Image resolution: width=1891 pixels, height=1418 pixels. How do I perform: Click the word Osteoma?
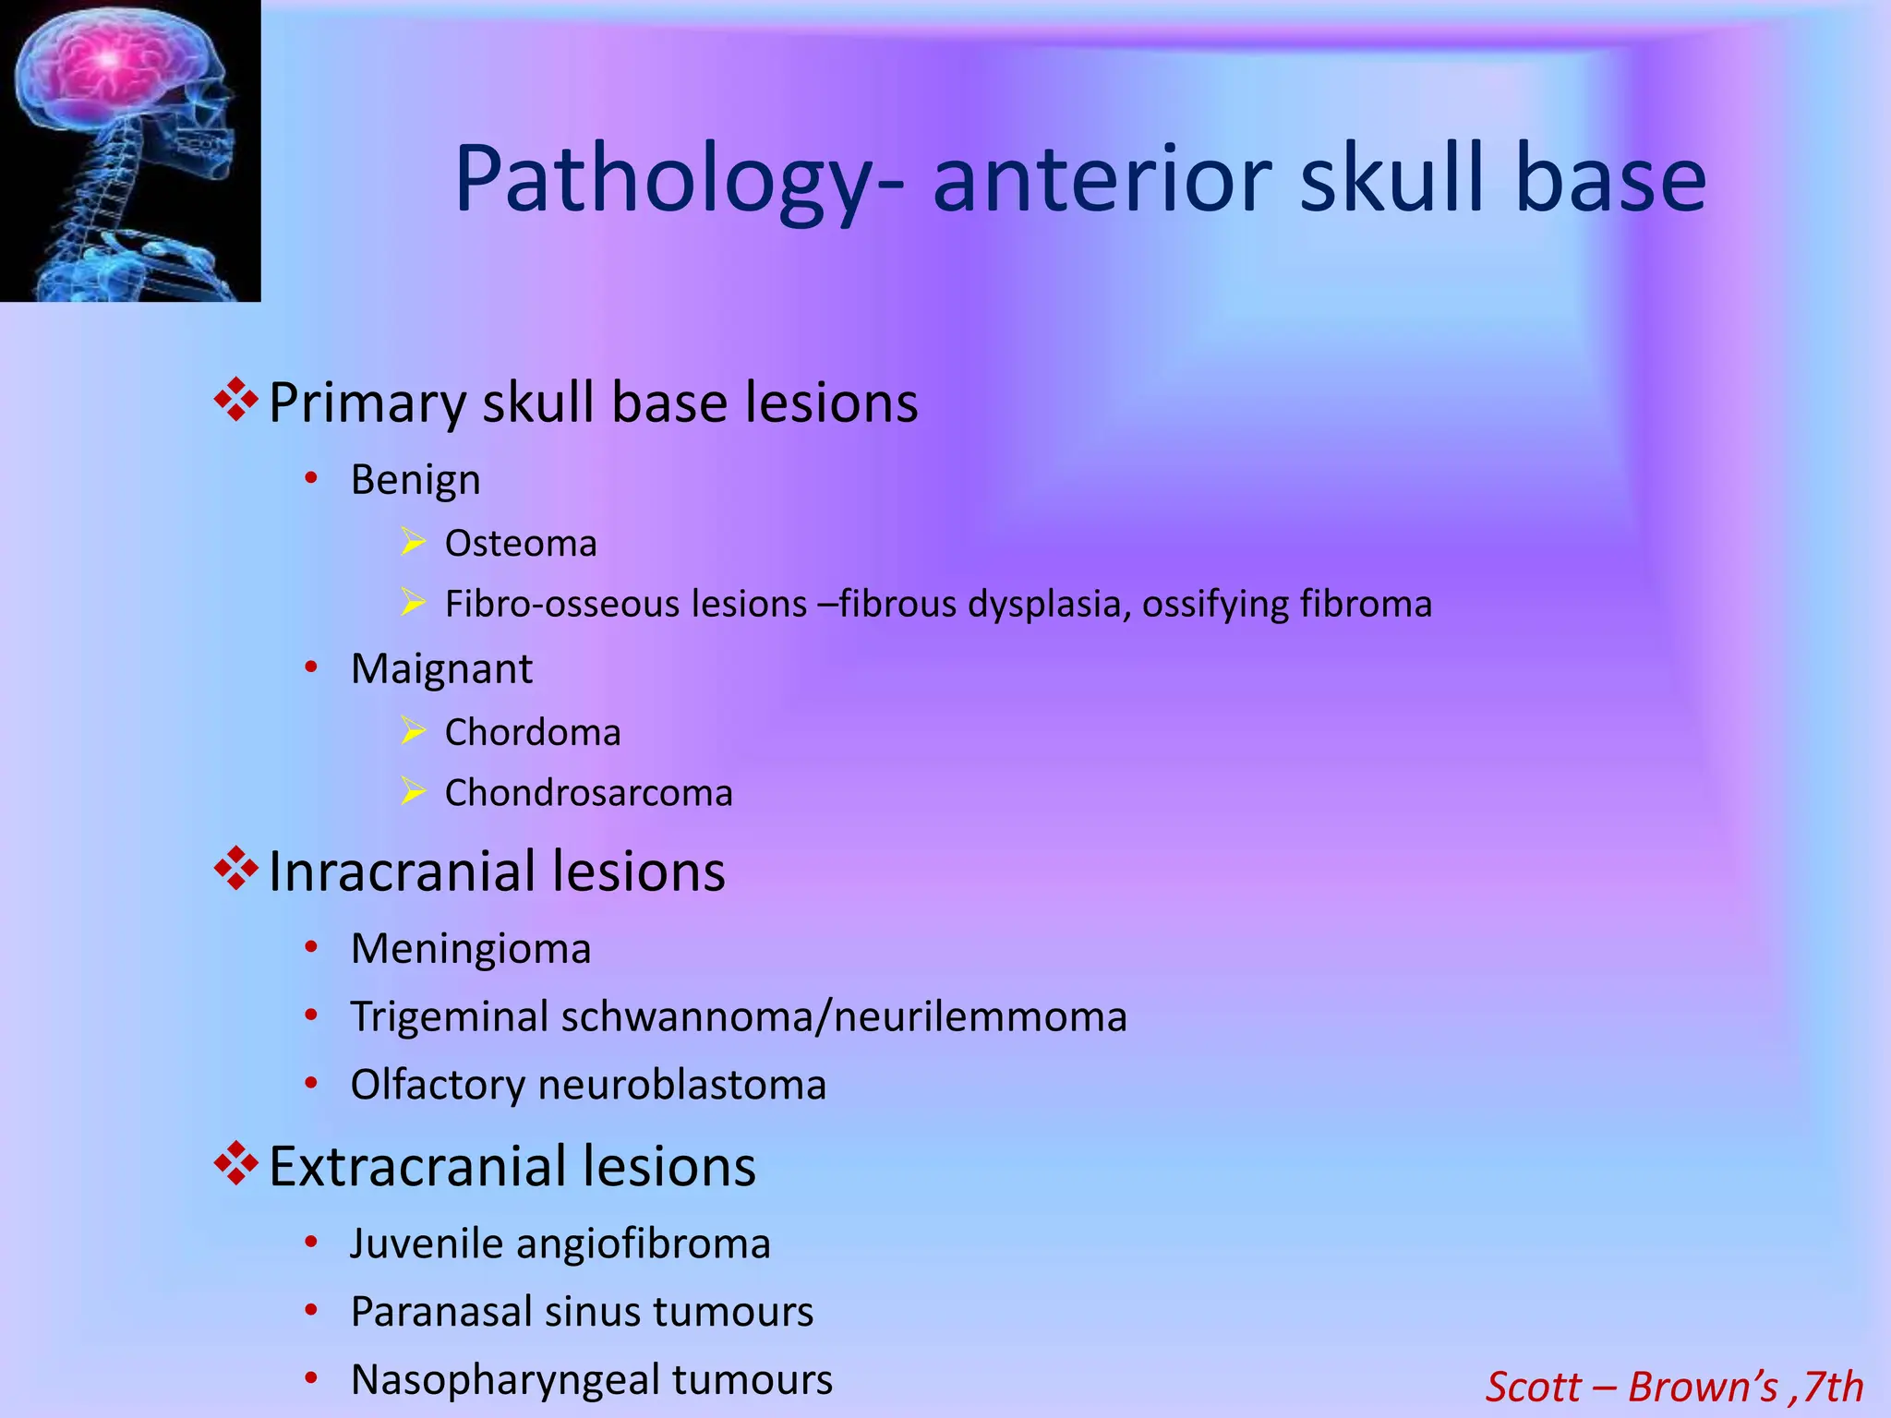point(521,544)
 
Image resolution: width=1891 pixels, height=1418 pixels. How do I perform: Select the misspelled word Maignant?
point(441,668)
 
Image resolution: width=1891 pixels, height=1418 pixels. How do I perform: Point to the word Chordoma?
point(533,733)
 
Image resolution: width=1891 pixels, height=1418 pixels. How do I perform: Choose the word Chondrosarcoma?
point(588,793)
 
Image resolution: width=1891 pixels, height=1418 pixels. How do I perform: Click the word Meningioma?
point(471,949)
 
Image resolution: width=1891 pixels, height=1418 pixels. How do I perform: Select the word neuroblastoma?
point(681,1085)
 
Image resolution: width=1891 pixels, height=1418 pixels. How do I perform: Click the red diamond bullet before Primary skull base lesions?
point(236,400)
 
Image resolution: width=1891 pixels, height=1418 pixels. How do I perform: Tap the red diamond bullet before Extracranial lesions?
point(236,1163)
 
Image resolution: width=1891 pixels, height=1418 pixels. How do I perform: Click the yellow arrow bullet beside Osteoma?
point(413,542)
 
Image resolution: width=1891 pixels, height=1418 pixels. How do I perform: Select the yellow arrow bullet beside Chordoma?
point(413,731)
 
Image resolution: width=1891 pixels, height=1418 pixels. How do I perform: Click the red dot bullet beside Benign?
point(312,478)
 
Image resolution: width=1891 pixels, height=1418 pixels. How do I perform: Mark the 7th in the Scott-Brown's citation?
point(1832,1387)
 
